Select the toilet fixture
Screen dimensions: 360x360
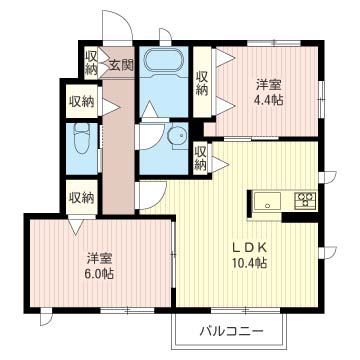[81, 138]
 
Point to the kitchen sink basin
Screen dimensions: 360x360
[267, 201]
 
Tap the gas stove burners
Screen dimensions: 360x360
[305, 201]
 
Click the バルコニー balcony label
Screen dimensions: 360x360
[232, 332]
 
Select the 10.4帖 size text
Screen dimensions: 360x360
[250, 264]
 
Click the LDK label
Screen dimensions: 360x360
[249, 248]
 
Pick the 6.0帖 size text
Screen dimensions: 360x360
[100, 274]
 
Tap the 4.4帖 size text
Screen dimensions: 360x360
[269, 100]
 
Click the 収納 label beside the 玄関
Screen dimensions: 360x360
[91, 62]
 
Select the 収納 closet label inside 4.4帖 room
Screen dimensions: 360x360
[202, 84]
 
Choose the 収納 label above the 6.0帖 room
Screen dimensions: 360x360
[82, 198]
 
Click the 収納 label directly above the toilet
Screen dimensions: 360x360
[82, 101]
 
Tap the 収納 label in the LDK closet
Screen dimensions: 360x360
[200, 158]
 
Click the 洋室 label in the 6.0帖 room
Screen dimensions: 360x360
[100, 258]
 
